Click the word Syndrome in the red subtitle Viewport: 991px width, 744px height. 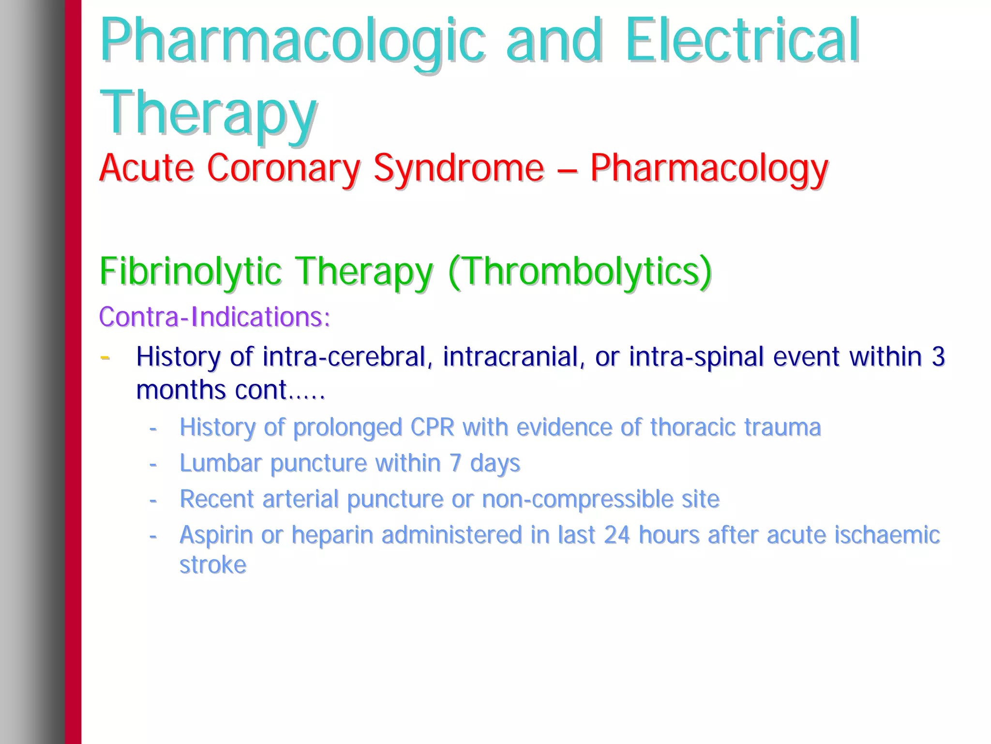(459, 168)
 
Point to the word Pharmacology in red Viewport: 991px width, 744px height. (709, 168)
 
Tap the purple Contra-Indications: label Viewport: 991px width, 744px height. (214, 317)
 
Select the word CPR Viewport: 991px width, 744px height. (432, 427)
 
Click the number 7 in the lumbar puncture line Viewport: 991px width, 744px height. (455, 463)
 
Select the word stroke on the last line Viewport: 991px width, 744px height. (213, 565)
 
